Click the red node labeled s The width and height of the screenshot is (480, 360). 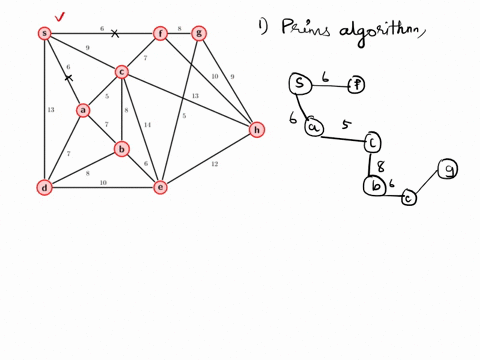pos(44,33)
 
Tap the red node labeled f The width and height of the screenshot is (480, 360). pos(160,33)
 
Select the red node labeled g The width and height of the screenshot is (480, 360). pos(199,33)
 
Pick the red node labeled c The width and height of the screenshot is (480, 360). pos(121,71)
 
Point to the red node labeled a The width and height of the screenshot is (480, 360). pos(83,110)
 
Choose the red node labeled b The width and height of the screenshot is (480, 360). pos(121,149)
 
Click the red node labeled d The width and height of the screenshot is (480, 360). pos(44,187)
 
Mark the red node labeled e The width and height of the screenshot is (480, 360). pos(160,187)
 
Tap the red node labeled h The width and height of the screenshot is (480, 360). pos(257,130)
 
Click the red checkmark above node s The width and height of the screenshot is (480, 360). pos(60,16)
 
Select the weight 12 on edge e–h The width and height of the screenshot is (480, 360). pos(214,164)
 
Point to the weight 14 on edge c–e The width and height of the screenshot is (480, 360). pos(147,125)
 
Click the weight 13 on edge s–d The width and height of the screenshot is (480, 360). pos(50,110)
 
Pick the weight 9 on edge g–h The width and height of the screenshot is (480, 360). pos(232,76)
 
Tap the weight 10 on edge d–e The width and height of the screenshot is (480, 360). pos(102,183)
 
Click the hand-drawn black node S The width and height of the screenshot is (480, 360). pos(298,85)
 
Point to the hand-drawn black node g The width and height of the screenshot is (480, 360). pos(448,170)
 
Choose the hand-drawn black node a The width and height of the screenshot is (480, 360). pos(313,127)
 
